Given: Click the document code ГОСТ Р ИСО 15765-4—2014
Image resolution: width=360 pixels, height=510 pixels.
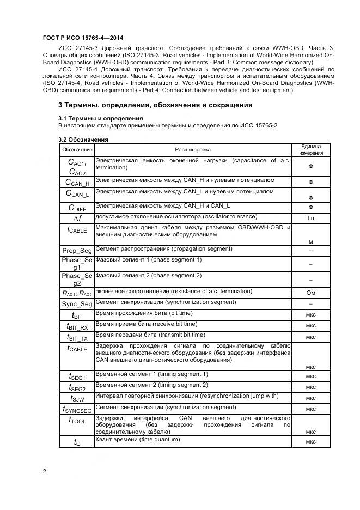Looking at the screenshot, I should click(82, 38).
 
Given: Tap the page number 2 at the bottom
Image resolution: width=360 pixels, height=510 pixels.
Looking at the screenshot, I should click(44, 471).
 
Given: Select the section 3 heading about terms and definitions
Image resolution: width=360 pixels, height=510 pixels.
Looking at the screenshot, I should click(155, 105).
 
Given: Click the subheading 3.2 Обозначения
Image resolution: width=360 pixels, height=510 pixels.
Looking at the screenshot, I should click(83, 139).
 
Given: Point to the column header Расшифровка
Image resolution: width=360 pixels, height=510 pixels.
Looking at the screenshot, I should click(192, 150).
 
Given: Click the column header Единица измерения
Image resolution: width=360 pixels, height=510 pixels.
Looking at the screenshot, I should click(311, 150).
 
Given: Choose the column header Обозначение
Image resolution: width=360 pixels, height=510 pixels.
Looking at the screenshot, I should click(77, 150).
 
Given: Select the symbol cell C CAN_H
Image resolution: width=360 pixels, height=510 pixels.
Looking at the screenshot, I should click(77, 182).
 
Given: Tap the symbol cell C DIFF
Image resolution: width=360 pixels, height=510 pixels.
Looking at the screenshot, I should click(77, 207).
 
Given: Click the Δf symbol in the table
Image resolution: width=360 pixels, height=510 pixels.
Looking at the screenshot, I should click(77, 218).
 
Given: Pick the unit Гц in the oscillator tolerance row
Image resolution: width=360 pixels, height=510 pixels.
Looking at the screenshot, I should click(311, 218).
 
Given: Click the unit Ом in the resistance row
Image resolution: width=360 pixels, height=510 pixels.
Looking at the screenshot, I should click(311, 293).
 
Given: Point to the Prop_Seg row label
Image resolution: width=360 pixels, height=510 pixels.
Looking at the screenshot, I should click(77, 250).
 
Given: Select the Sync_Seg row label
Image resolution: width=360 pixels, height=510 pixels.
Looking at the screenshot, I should click(77, 303).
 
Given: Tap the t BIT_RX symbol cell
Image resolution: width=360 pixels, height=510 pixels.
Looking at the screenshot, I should click(77, 326).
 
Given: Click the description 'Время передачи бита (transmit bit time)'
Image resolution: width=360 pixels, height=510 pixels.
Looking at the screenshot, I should click(150, 335).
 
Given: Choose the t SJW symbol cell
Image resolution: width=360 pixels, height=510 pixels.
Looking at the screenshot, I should click(77, 398).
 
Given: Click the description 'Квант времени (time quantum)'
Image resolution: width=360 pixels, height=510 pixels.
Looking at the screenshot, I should click(137, 439).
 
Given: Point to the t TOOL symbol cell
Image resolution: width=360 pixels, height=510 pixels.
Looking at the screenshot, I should click(77, 420).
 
